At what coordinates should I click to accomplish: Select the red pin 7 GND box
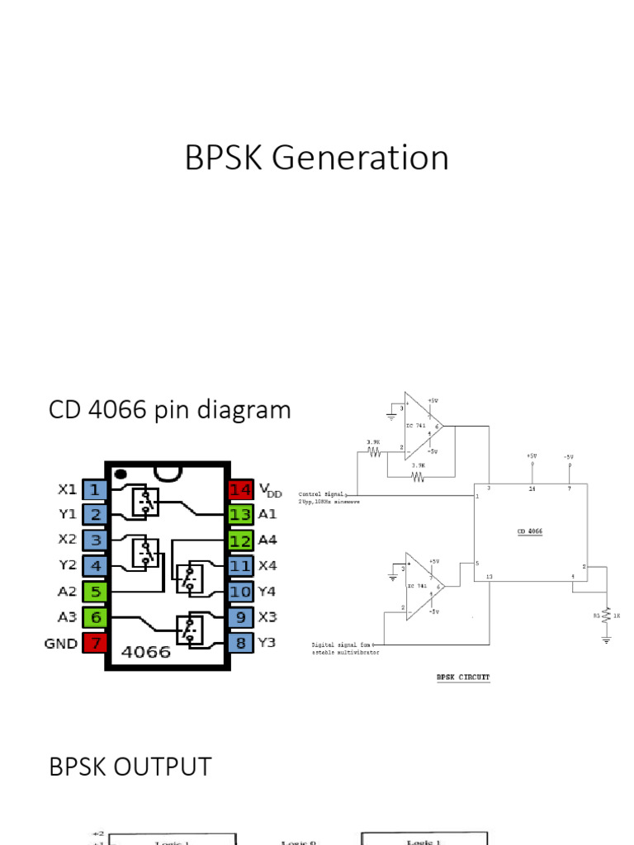pos(95,643)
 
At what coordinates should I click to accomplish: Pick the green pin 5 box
pos(95,592)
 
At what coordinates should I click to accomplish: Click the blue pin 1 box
pos(95,489)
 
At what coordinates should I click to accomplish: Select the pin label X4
pos(268,566)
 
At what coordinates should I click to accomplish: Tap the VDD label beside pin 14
pos(270,490)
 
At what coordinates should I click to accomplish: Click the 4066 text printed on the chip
pos(146,651)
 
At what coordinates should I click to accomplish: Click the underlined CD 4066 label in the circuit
pos(530,532)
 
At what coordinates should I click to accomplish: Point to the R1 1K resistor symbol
pos(607,616)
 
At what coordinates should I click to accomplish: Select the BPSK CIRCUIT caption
pos(462,677)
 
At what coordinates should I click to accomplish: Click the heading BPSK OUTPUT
pos(130,767)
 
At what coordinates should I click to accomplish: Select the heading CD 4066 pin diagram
pos(170,409)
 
